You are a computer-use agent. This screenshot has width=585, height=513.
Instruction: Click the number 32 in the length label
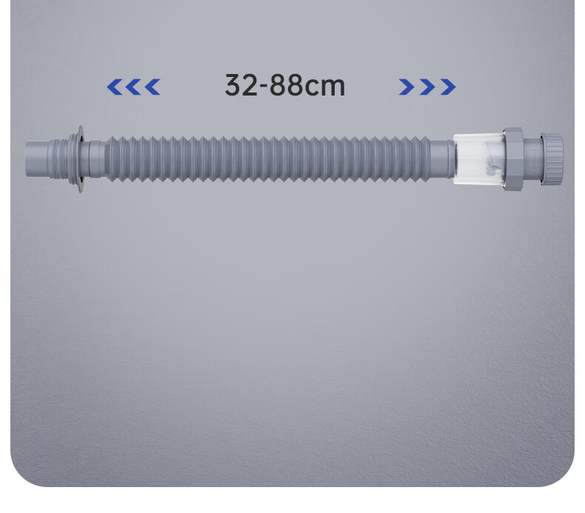[x=241, y=85]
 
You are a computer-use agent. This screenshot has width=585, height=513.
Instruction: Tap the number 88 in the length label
[x=286, y=85]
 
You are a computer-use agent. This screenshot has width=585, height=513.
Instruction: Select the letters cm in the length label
[x=325, y=87]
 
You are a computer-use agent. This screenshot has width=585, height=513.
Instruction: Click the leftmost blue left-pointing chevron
[x=114, y=87]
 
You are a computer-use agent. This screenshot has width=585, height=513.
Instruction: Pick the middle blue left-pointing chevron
[x=133, y=87]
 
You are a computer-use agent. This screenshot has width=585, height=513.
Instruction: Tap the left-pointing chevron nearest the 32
[x=153, y=87]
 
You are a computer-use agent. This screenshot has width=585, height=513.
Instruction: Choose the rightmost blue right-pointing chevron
[x=448, y=87]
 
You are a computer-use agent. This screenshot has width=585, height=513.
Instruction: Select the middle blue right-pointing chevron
[x=427, y=87]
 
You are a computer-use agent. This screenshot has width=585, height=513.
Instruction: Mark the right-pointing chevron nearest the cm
[x=407, y=87]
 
